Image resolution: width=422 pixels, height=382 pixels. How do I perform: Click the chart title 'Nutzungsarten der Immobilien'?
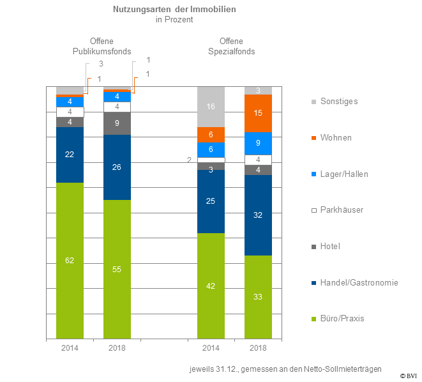coord(174,10)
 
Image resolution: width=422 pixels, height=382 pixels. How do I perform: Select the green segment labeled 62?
coord(70,260)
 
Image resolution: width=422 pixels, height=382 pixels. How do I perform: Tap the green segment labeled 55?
coord(117,269)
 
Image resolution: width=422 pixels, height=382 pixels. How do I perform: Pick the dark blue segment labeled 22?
coord(70,155)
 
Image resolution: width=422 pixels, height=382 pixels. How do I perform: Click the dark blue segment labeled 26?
coord(117,167)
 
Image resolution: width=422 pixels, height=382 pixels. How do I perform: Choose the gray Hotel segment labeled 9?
coord(117,123)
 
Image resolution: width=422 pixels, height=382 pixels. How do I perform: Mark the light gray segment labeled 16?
coord(211,107)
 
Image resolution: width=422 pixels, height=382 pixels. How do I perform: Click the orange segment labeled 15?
coord(258,113)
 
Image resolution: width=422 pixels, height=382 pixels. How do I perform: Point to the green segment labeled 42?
coord(211,286)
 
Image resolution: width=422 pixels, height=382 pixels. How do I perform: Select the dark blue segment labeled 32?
coord(258,215)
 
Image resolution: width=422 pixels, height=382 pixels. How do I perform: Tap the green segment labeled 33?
coord(258,297)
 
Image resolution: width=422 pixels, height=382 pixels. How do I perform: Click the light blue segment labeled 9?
coord(258,144)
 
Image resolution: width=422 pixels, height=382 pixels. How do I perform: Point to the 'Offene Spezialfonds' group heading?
coord(232,46)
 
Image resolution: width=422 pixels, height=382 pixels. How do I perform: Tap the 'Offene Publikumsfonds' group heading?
coord(102,46)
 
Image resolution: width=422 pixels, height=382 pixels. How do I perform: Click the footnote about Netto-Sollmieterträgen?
coord(285,369)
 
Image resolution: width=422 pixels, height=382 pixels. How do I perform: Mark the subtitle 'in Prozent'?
coord(174,20)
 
